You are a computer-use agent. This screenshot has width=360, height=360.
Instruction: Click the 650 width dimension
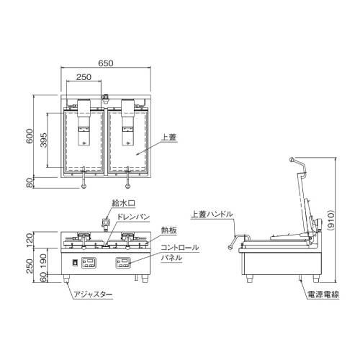pyautogui.click(x=107, y=64)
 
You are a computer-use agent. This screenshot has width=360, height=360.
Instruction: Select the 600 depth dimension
pyautogui.click(x=30, y=137)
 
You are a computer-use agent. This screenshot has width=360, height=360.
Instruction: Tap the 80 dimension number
pyautogui.click(x=30, y=183)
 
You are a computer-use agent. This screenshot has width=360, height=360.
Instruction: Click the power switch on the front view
pyautogui.click(x=73, y=262)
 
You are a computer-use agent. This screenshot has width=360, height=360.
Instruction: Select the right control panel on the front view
pyautogui.click(x=125, y=261)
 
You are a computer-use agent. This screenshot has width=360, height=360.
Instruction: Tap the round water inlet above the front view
pyautogui.click(x=104, y=220)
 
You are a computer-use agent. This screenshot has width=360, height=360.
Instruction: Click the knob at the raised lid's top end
pyautogui.click(x=291, y=159)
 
